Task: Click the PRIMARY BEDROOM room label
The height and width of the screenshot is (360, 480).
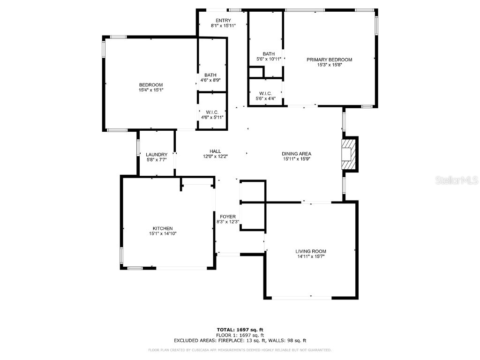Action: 329,60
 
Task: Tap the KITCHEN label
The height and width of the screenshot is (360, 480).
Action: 162,228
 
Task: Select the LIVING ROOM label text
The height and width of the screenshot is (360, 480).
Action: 311,251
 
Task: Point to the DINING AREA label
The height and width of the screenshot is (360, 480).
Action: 296,154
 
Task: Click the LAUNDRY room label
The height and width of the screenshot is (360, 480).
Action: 157,155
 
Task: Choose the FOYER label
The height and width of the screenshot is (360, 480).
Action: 228,217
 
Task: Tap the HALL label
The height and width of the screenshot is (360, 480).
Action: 215,151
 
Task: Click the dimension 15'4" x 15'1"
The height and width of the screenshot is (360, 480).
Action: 151,90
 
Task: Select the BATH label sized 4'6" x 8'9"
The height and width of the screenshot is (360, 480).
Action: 210,75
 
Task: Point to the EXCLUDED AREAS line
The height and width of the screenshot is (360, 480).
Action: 240,341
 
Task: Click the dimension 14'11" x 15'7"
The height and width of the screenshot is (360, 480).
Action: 311,256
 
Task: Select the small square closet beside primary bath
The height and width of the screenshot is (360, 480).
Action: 255,72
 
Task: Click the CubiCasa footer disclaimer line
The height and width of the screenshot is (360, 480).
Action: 240,350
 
